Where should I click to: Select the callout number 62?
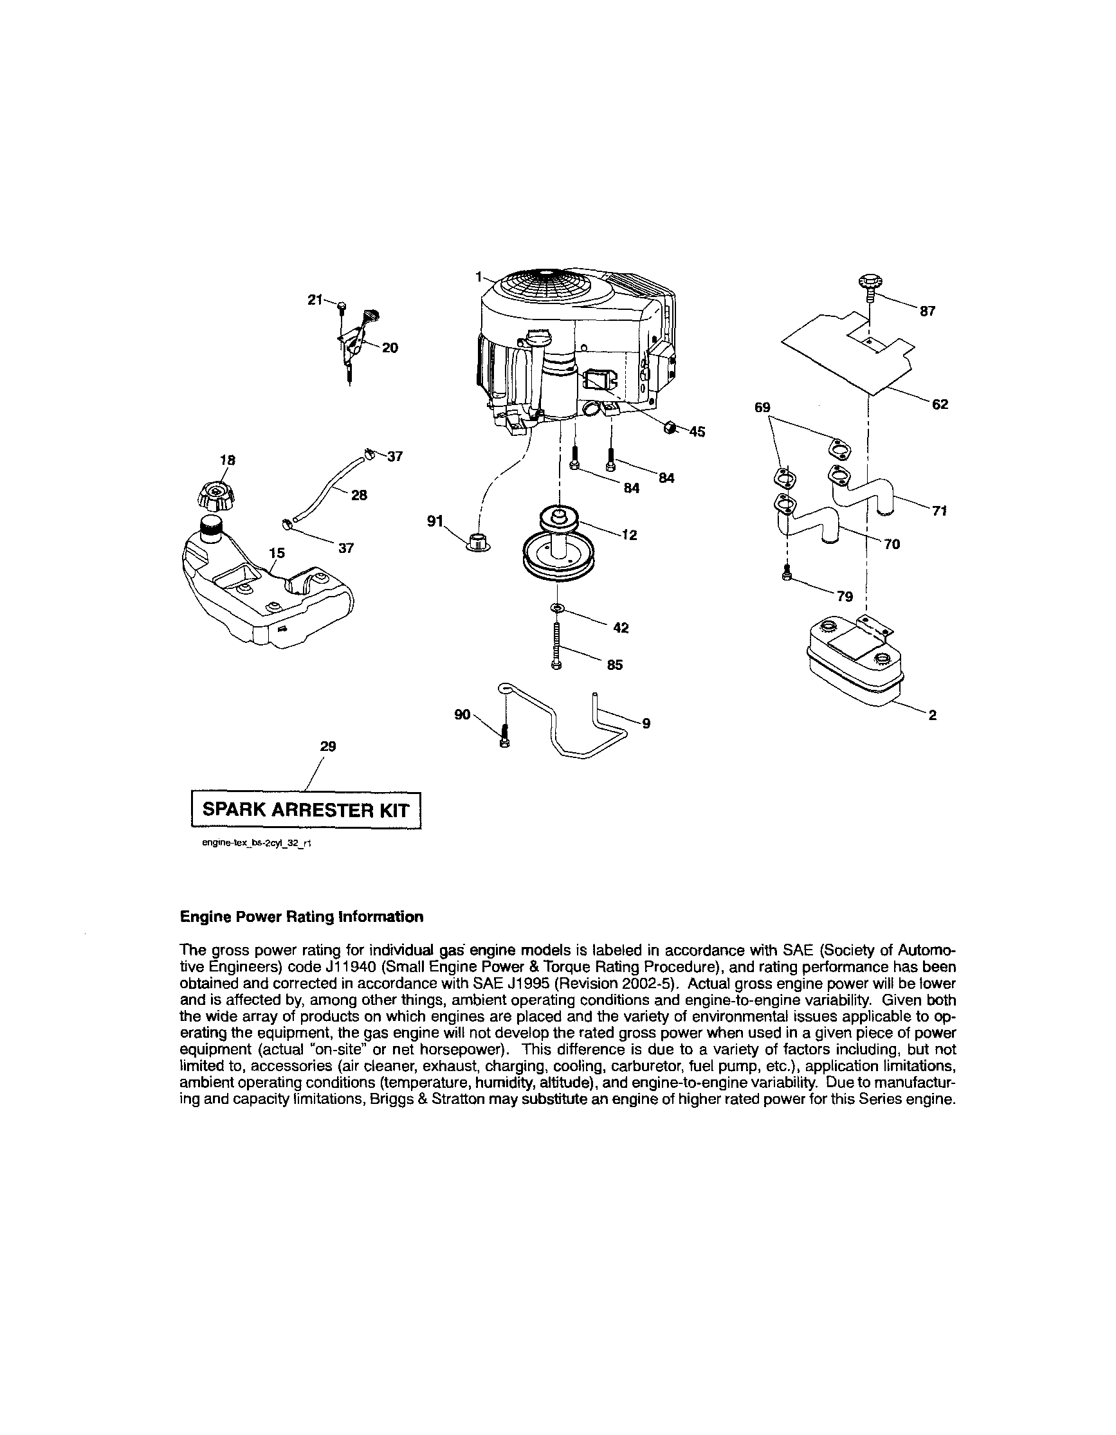click(940, 404)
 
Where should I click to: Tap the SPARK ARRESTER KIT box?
click(306, 809)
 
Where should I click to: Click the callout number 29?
click(328, 746)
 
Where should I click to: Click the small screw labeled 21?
click(341, 305)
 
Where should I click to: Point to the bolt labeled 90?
click(504, 734)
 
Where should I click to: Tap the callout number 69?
click(762, 408)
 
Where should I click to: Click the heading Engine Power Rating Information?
click(302, 917)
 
